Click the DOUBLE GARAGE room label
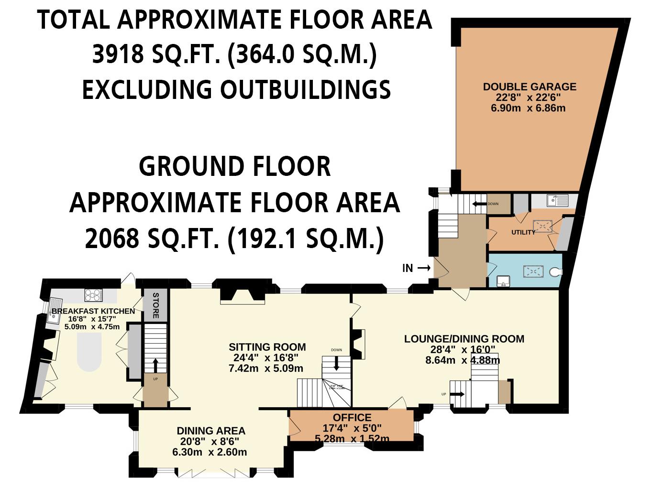(529, 87)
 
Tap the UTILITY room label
(523, 232)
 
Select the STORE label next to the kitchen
(155, 306)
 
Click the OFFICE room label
(352, 417)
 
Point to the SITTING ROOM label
(267, 347)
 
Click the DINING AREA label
(210, 431)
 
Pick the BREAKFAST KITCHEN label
(93, 311)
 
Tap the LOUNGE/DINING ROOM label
(464, 339)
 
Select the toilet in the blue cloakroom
(555, 272)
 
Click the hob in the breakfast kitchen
(93, 295)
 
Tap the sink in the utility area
(557, 200)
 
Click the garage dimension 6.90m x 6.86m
(528, 108)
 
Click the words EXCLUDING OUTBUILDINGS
(236, 89)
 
